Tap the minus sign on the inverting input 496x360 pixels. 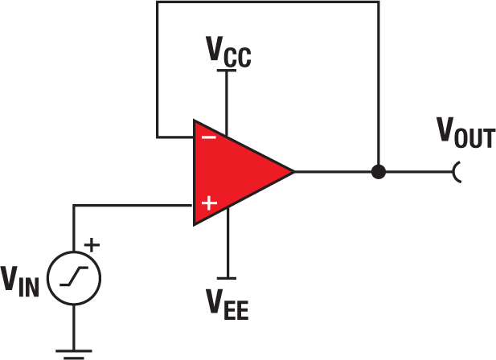click(x=208, y=137)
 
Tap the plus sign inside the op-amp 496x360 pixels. click(x=208, y=204)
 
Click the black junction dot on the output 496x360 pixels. click(x=378, y=171)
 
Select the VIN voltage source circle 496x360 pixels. click(x=75, y=278)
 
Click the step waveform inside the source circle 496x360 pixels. click(x=75, y=278)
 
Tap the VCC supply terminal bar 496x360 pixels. click(x=228, y=72)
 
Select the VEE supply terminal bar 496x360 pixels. click(x=228, y=277)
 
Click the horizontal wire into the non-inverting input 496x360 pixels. click(x=133, y=205)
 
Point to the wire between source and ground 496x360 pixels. click(x=75, y=325)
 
